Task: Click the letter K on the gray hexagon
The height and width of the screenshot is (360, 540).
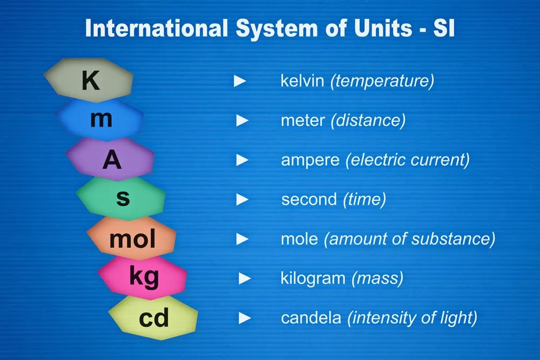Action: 91,80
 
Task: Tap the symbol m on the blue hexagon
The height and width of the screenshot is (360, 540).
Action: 101,119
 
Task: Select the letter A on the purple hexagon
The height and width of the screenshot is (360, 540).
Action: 112,160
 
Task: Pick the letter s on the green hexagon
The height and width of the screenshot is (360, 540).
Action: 123,198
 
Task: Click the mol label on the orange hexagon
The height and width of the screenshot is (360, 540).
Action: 132,238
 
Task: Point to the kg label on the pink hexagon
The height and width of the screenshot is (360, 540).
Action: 144,277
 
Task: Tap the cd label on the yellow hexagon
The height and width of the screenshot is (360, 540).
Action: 154,318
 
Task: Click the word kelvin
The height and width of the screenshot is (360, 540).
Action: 302,81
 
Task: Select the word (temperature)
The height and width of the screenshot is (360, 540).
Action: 382,81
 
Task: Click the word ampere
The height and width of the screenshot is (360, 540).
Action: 310,160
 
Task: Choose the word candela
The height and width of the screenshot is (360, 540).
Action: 310,318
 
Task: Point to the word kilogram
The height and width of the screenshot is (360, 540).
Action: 313,279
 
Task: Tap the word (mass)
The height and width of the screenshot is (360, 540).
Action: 377,279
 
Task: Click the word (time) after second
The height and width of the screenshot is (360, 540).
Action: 364,200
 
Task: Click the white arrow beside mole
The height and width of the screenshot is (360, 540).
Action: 242,239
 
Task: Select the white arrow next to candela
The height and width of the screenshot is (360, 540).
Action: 245,318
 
